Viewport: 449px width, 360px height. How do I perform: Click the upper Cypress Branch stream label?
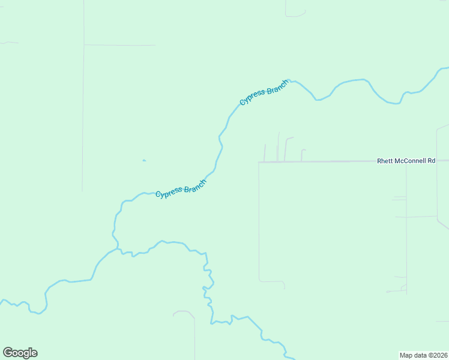(x=264, y=92)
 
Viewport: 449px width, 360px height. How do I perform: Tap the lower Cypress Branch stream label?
(x=181, y=190)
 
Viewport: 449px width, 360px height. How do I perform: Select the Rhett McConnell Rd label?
(x=405, y=161)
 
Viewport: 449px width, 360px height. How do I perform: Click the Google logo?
(x=20, y=353)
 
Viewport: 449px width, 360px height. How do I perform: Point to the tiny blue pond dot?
(x=143, y=160)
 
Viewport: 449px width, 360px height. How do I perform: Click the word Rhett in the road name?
(x=384, y=161)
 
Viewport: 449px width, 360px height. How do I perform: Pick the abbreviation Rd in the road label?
(x=440, y=161)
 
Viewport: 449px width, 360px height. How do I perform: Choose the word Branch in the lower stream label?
(x=195, y=187)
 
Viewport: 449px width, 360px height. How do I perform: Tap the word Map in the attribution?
(x=406, y=355)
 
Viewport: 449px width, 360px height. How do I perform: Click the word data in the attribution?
(x=420, y=355)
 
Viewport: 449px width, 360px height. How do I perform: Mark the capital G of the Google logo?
(x=8, y=353)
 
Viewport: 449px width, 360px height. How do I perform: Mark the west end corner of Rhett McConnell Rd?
(x=259, y=162)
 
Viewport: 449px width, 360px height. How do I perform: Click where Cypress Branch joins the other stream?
(x=118, y=249)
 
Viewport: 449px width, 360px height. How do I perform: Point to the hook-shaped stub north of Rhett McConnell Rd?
(x=303, y=152)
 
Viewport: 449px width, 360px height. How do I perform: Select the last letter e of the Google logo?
(x=34, y=353)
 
